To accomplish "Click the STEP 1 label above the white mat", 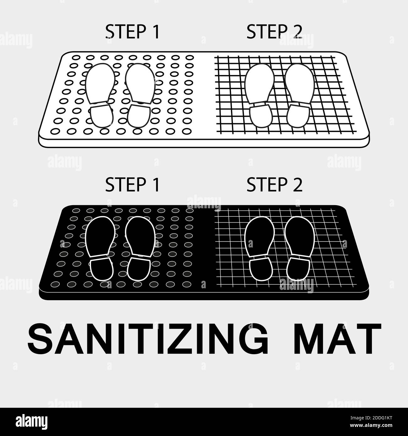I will coord(132,32).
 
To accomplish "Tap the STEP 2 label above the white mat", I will coord(274,32).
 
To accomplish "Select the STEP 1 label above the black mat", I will coord(132,185).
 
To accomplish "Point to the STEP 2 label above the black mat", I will coord(274,185).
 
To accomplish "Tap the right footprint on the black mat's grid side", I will coord(299,246).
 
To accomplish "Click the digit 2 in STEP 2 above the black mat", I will coord(297,185).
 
